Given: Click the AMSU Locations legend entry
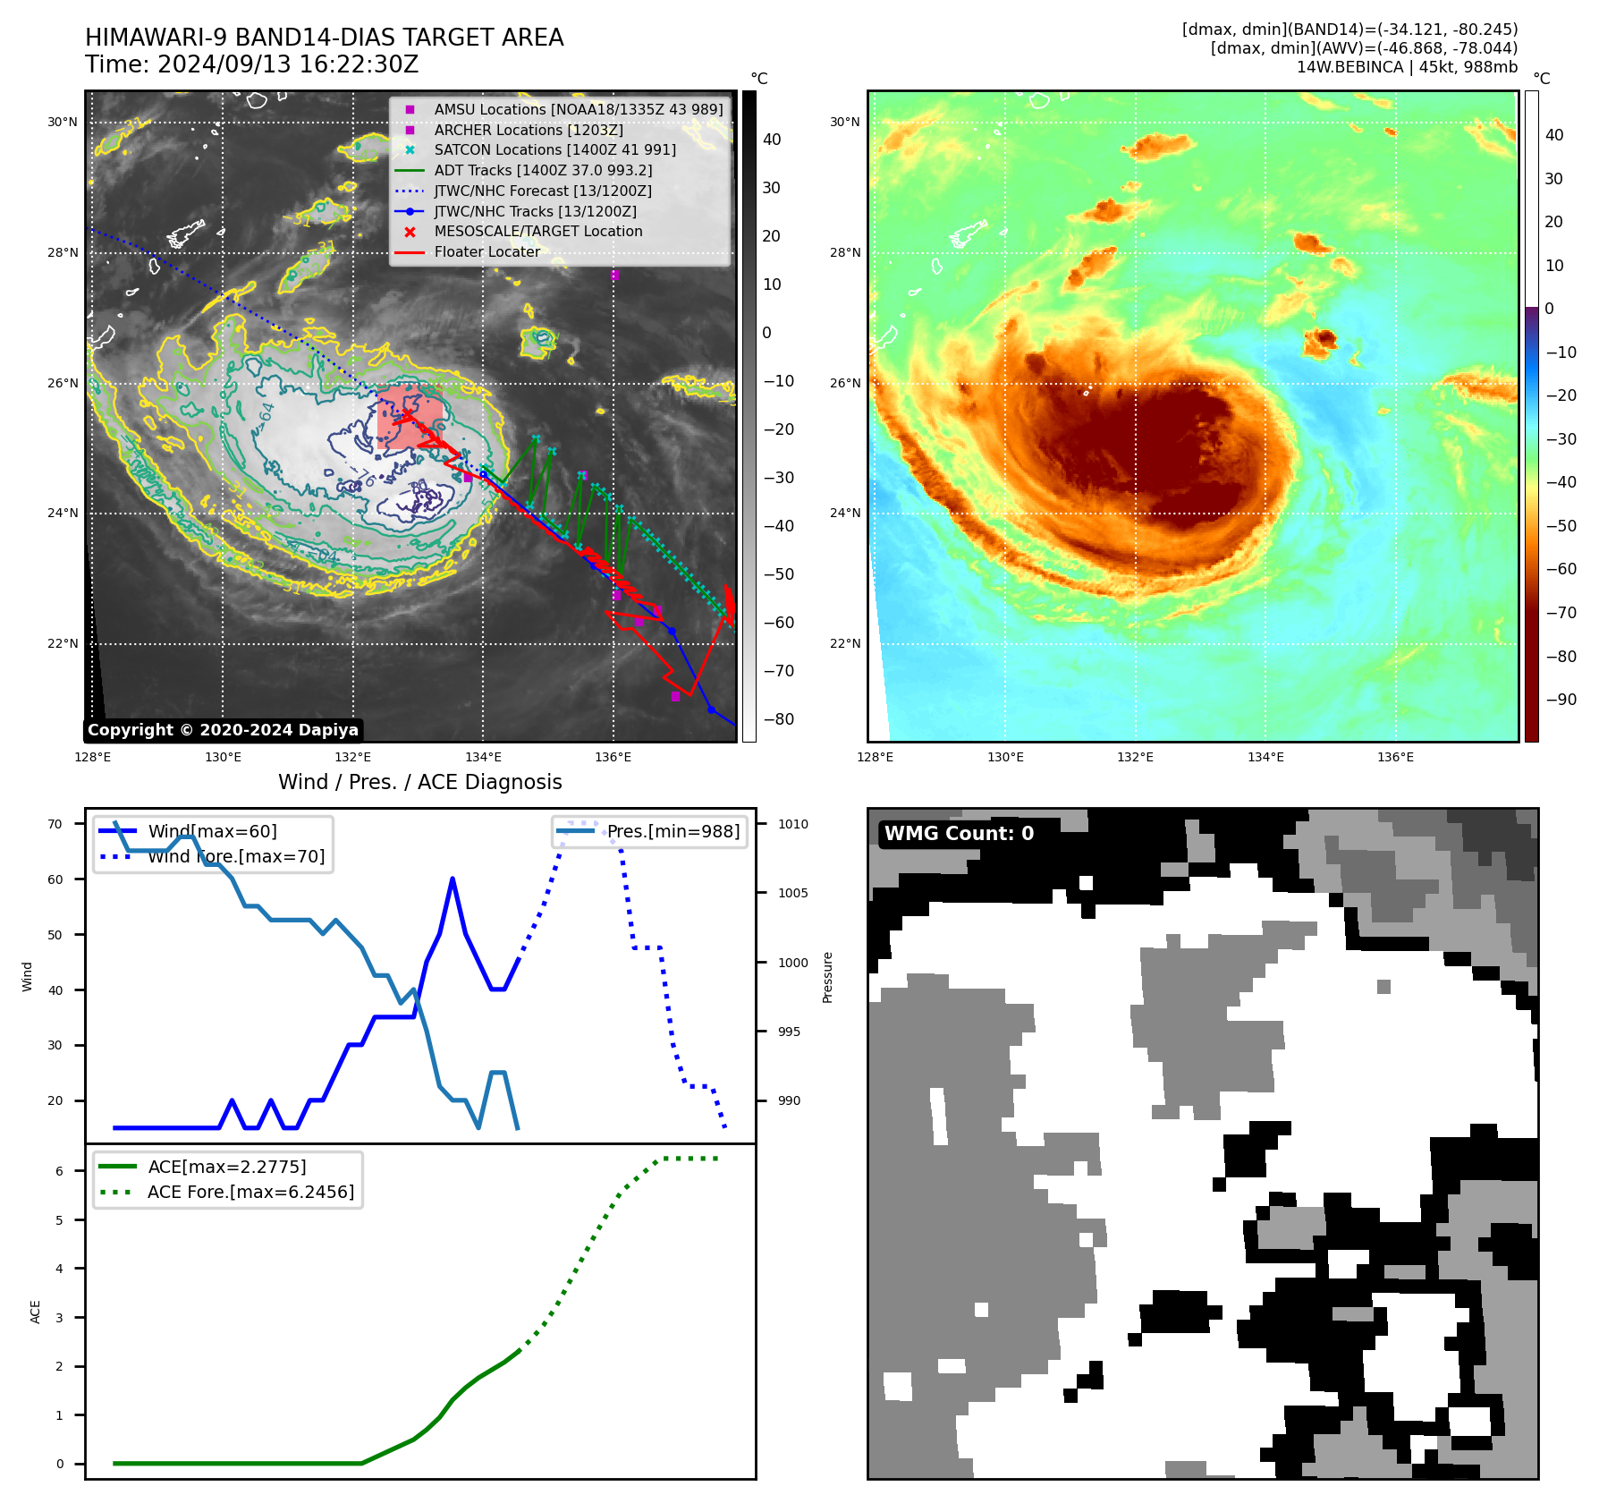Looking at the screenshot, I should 578,109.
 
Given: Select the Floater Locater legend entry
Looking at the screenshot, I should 486,252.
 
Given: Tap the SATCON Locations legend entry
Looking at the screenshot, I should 554,150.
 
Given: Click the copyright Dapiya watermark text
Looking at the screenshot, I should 223,730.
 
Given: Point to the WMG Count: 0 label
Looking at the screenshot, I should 959,834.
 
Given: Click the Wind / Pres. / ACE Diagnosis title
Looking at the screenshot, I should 420,782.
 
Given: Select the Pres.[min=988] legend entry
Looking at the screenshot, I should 673,831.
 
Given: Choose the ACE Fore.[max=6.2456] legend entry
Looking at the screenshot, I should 250,1192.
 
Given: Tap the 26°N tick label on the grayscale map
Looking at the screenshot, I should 63,383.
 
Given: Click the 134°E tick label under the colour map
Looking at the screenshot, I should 1265,757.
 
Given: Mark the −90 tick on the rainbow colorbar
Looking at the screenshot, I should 1561,700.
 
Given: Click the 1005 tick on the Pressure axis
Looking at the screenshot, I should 792,893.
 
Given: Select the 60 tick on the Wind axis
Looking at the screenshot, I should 55,879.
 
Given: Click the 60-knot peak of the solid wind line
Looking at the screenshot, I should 453,879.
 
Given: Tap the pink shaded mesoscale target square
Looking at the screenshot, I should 409,415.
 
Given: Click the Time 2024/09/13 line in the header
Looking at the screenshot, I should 251,64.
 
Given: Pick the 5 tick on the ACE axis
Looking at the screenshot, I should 59,1219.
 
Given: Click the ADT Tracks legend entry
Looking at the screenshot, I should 543,170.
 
